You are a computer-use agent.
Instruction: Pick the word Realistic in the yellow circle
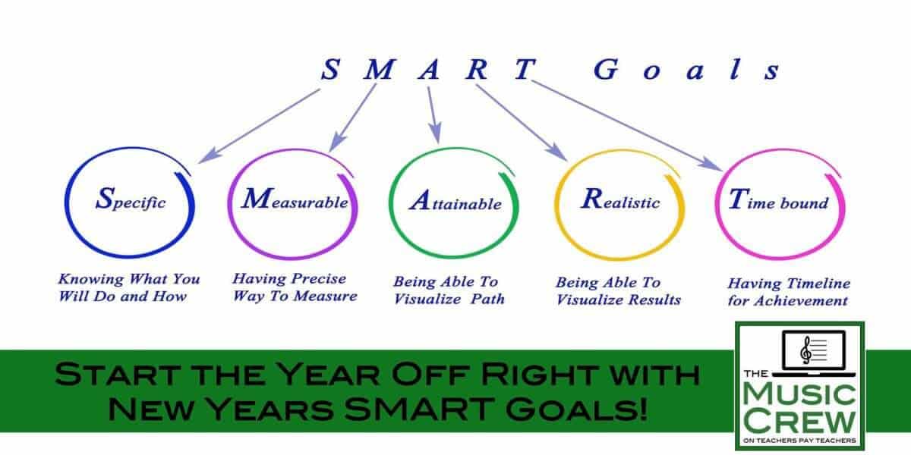click(x=620, y=202)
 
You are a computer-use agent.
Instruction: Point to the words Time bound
click(x=778, y=202)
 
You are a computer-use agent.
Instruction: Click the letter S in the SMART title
click(x=329, y=71)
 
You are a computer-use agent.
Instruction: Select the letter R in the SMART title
click(x=478, y=71)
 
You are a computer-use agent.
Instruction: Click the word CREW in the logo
click(x=801, y=420)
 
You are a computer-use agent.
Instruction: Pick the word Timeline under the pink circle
click(x=817, y=284)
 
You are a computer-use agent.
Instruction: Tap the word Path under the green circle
click(x=487, y=299)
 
